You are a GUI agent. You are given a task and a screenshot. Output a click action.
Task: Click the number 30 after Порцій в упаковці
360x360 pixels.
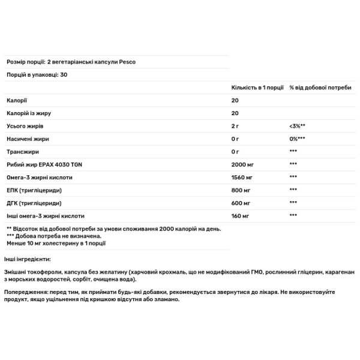click(64, 74)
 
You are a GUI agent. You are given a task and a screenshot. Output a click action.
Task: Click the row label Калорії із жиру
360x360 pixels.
click(27, 114)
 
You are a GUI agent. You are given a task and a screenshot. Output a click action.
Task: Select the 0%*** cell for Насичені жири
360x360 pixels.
click(298, 139)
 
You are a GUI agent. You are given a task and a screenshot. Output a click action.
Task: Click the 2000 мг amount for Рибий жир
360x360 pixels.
click(243, 164)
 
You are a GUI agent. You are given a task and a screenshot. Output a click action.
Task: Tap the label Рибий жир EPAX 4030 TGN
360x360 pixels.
click(43, 164)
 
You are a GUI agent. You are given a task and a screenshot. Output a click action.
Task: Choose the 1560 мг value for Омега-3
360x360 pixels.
click(243, 177)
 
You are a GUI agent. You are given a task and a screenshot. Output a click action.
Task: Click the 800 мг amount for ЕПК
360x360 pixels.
click(241, 190)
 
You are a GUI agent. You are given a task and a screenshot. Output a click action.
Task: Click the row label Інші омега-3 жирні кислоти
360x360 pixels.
click(45, 215)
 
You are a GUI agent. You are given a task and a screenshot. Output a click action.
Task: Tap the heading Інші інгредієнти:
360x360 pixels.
click(28, 258)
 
